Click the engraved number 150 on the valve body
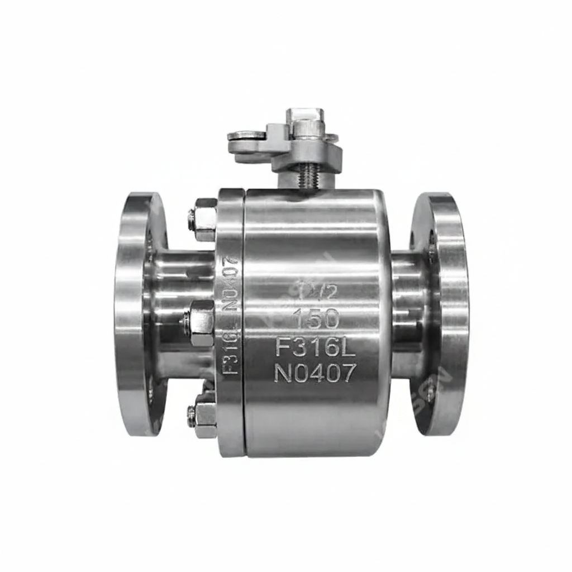coord(316,319)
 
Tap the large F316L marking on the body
coord(315,347)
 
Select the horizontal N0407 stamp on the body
coord(314,373)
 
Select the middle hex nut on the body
coord(202,323)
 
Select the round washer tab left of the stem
coord(246,135)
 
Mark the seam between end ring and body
coord(244,324)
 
